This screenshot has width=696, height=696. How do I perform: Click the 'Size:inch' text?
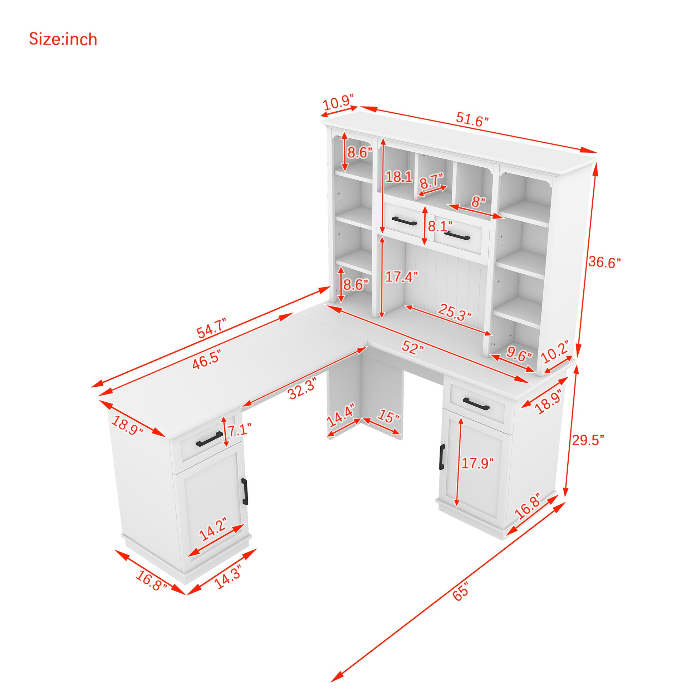(x=63, y=39)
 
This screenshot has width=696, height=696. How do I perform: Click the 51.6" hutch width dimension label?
(x=472, y=119)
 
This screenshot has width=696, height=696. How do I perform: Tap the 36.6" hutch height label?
(x=604, y=262)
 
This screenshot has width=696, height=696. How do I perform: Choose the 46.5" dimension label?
(x=206, y=359)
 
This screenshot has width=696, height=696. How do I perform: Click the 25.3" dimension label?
(x=455, y=312)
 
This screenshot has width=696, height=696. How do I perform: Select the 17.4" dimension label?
(x=401, y=277)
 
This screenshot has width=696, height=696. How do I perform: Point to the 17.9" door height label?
(x=478, y=463)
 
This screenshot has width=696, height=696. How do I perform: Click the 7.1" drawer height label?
(x=238, y=430)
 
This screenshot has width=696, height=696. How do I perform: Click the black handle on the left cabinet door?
(x=245, y=492)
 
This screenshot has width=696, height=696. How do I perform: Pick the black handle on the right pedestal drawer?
(x=476, y=404)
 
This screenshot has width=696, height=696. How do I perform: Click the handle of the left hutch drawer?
(x=404, y=221)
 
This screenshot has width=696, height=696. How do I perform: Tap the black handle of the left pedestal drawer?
(x=210, y=439)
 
